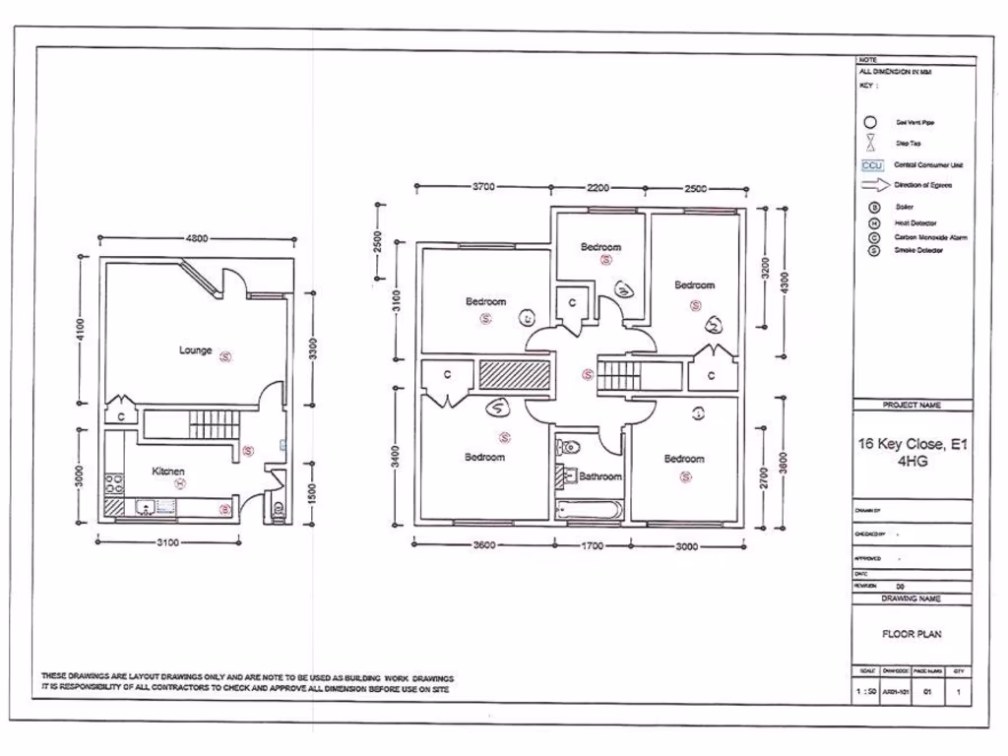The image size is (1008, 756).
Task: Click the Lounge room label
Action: [195, 349]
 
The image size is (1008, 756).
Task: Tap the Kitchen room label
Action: [168, 472]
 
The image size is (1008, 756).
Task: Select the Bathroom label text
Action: [600, 476]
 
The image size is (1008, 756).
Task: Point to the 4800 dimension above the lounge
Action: [197, 238]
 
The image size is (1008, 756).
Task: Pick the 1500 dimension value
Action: [312, 492]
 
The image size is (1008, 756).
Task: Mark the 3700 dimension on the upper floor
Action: [483, 187]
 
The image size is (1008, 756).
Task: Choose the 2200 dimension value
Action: [598, 187]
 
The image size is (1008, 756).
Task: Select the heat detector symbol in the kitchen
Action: [180, 483]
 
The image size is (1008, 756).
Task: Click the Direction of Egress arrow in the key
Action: [874, 184]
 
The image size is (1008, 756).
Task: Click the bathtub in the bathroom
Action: [587, 510]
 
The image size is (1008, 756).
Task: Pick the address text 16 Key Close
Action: [913, 444]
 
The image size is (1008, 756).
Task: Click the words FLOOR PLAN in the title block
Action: [912, 634]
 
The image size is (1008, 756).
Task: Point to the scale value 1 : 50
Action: [865, 692]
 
